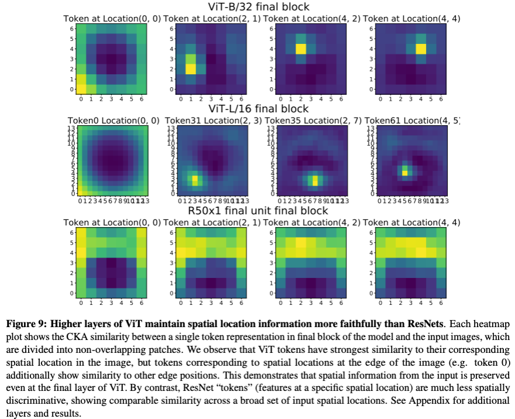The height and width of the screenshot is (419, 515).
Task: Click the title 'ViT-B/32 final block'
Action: tap(258, 7)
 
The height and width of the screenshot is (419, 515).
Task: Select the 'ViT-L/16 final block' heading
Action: tap(258, 109)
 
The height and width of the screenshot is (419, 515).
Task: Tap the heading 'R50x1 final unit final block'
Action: tap(258, 210)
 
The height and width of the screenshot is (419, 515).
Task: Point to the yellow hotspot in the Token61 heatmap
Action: tap(404, 172)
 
